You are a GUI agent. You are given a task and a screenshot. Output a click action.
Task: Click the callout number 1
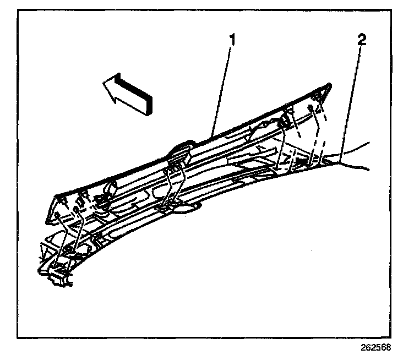[233, 41]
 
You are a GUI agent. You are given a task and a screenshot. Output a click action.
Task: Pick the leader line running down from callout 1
[223, 88]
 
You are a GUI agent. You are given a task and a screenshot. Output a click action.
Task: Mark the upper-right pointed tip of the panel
[331, 84]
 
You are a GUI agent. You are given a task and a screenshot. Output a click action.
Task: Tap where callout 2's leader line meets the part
[341, 159]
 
